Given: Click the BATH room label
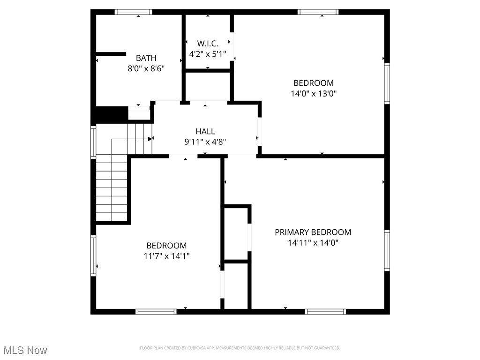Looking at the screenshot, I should pos(146,58).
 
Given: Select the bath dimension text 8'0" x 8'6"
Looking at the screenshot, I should pos(146,68).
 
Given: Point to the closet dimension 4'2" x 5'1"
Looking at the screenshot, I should pos(208,54).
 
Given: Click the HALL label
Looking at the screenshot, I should pos(205,131).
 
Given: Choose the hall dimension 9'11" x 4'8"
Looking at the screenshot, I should pos(205,142).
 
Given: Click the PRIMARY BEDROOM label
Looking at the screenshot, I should pos(313,232).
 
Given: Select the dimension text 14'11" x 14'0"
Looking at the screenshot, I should pos(313,243).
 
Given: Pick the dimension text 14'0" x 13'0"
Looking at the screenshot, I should pos(314,93).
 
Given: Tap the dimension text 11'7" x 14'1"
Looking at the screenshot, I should pos(166,256).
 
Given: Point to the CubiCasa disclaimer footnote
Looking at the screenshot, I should pos(240,348).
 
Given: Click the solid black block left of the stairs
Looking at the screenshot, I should pos(112,114).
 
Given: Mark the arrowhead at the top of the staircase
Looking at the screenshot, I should pos(150,139).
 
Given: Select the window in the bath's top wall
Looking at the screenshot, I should pos(134,12).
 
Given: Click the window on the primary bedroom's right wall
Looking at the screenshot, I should pos(387,251).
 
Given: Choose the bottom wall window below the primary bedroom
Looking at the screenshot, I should pos(325,311).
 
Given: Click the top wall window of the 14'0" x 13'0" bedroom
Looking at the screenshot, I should pos(317,12).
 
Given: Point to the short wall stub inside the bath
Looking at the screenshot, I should pos(111,54).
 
